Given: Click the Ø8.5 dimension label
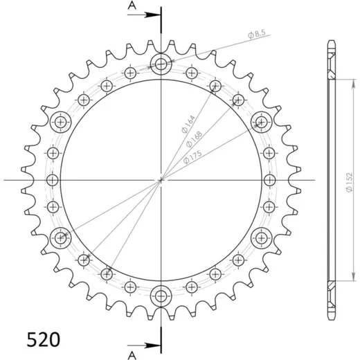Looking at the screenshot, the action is [257, 34].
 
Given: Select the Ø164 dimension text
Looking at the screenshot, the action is [188, 124].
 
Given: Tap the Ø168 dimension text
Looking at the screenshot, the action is [194, 139].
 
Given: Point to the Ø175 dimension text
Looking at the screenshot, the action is [192, 157].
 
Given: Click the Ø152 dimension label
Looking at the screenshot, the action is [350, 182].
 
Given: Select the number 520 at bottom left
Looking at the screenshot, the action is [44, 340].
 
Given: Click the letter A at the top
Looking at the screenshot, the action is [132, 6].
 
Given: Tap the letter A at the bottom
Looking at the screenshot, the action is [132, 355].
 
